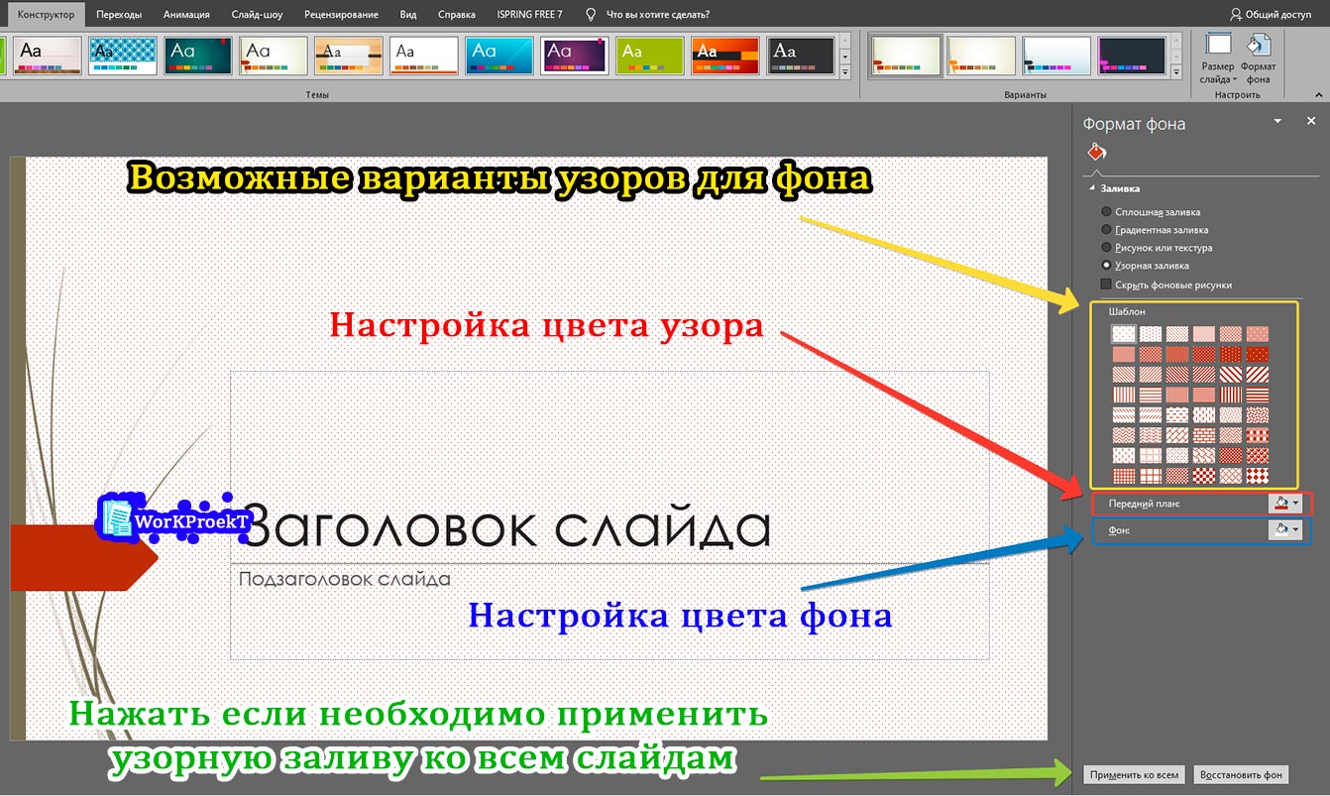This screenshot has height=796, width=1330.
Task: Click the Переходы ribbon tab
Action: pos(119,15)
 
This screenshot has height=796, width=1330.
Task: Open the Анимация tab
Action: pos(186,15)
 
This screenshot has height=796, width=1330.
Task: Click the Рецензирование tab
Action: pos(342,15)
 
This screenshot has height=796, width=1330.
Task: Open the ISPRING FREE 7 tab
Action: pos(529,15)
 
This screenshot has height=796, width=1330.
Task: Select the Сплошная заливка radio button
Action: pos(1107,212)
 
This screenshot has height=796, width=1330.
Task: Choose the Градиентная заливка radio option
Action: pos(1107,230)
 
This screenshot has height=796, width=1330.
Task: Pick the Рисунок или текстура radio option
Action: pos(1107,248)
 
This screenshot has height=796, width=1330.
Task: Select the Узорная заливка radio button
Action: pos(1107,266)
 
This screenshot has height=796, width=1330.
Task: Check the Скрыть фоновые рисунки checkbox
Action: pos(1107,284)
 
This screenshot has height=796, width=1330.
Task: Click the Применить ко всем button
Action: pos(1134,775)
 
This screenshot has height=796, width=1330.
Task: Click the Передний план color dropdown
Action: pos(1284,504)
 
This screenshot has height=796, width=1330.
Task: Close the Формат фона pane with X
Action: pos(1310,121)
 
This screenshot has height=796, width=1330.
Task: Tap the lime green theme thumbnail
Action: pos(648,57)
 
